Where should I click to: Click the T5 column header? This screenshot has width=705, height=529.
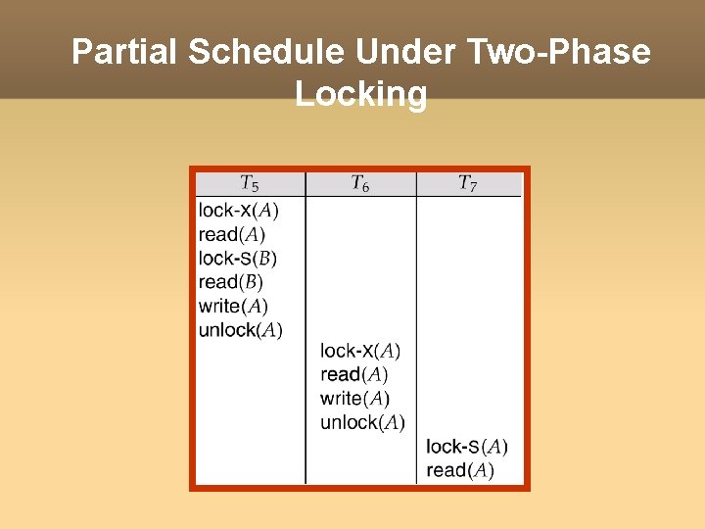(250, 184)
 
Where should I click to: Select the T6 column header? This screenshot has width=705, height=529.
(360, 184)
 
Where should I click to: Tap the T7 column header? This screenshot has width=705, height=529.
(468, 184)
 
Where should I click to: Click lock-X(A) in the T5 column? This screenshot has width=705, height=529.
(238, 210)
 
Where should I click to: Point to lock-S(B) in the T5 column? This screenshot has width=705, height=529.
(237, 259)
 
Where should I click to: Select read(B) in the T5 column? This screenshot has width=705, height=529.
(230, 282)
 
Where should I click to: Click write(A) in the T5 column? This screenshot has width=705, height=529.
(233, 307)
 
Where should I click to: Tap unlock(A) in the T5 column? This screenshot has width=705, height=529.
(240, 330)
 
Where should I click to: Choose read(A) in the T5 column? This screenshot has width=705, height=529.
(231, 234)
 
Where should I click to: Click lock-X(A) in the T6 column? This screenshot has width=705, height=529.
(360, 351)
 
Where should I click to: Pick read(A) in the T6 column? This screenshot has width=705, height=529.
(353, 374)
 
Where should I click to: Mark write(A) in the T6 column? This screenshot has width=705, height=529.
(354, 399)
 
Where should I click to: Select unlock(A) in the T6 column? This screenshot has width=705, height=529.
(362, 422)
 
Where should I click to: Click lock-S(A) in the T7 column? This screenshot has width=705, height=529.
(467, 447)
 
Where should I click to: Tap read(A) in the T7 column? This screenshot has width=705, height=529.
(460, 470)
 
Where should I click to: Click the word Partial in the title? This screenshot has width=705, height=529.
(124, 52)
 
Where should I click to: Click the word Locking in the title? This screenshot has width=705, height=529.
(360, 94)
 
